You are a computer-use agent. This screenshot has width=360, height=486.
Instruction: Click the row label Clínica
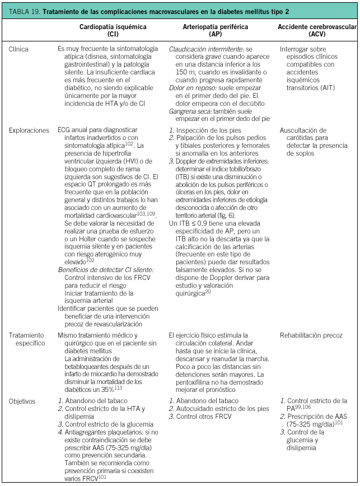(18, 49)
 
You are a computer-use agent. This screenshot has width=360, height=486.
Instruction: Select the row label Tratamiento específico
(26, 339)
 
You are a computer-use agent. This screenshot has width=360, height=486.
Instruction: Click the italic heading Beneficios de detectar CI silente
(106, 269)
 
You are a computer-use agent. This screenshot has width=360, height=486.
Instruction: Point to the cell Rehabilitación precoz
(311, 335)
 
